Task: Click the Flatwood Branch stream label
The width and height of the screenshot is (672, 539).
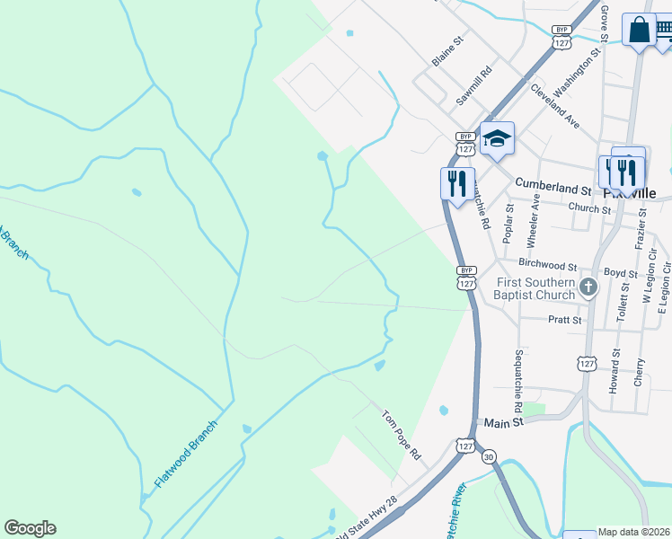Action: (186, 454)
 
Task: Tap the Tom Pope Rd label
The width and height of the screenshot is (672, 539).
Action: (402, 435)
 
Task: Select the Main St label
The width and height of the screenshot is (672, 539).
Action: (503, 423)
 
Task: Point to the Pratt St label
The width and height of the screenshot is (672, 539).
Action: (564, 319)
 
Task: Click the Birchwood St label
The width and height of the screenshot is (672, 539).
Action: (546, 266)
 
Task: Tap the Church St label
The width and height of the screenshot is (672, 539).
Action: (589, 208)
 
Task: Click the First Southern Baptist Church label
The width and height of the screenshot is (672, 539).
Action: (535, 288)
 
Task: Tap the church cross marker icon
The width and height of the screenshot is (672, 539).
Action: (588, 287)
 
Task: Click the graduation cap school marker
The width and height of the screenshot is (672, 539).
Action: (497, 138)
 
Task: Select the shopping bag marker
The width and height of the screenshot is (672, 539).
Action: (639, 30)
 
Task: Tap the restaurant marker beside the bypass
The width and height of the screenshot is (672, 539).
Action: (457, 182)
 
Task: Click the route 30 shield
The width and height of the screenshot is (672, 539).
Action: (488, 456)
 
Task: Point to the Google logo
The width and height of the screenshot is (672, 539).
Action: (30, 528)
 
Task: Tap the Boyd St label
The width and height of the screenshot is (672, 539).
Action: (620, 272)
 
